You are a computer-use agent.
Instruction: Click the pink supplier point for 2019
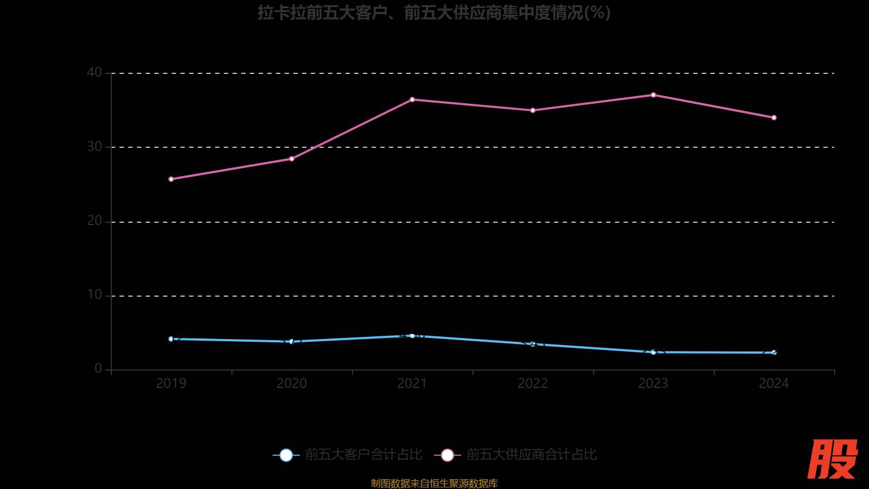[171, 179]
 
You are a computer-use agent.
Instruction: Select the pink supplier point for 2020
[292, 159]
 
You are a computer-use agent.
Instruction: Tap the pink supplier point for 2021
[412, 99]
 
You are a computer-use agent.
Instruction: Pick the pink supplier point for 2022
[533, 110]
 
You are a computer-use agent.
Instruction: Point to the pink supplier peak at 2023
[653, 95]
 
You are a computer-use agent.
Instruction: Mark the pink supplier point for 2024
[774, 117]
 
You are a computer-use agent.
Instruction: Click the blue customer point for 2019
[171, 339]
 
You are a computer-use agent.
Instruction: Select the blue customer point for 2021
[412, 336]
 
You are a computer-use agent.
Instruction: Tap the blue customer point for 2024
[774, 353]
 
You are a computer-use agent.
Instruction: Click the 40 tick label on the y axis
[95, 72]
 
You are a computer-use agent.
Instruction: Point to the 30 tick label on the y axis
[95, 147]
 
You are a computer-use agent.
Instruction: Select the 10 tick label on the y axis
[95, 295]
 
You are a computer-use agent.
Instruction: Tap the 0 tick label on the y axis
[98, 369]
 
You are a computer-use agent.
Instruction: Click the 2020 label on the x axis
[292, 384]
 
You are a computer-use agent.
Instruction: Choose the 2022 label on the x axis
[533, 384]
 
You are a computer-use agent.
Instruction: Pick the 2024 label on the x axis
[774, 384]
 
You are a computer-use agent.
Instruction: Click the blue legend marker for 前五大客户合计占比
[286, 455]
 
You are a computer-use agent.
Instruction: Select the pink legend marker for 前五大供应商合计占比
[448, 455]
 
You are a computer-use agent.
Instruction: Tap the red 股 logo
[832, 459]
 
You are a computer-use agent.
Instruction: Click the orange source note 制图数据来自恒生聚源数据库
[434, 483]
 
